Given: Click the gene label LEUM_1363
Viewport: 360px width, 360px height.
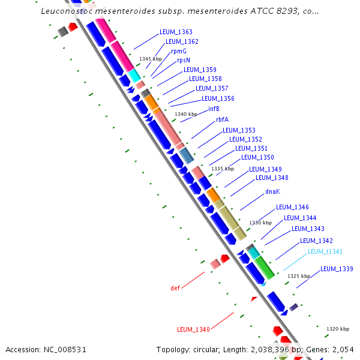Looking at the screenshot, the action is [x=176, y=32].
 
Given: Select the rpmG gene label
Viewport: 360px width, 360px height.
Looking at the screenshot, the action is [x=179, y=51].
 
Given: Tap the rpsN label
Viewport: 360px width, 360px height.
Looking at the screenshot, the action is [x=183, y=60].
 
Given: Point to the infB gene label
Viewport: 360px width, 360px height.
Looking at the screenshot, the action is [x=214, y=109].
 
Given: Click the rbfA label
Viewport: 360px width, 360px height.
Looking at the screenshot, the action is [x=222, y=119].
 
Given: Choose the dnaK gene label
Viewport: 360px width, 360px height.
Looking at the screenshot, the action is [x=273, y=191].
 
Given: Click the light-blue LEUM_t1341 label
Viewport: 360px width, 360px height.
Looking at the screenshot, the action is [x=325, y=251].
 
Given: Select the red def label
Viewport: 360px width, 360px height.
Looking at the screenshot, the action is [x=175, y=288].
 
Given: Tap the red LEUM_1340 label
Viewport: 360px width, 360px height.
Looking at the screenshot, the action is [x=193, y=329].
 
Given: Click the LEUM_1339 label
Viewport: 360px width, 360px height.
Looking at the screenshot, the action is [x=337, y=269].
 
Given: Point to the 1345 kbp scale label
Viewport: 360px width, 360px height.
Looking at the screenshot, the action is [x=151, y=59].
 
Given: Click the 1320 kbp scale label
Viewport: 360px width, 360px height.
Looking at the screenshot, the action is [x=338, y=329].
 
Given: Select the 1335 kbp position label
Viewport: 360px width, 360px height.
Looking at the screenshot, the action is [x=223, y=169].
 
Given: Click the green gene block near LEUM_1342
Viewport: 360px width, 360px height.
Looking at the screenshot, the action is [x=265, y=267].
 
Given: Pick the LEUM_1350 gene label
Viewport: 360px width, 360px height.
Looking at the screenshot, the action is [x=257, y=157].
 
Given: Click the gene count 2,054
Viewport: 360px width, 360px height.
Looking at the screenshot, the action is [x=342, y=349].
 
